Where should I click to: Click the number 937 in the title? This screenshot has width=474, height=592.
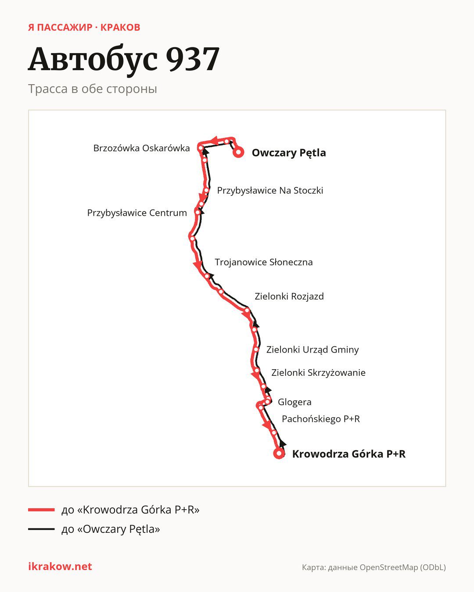coord(193,59)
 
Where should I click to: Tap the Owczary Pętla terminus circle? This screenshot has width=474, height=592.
coord(238,152)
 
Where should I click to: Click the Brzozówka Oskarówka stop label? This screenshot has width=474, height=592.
coord(142,148)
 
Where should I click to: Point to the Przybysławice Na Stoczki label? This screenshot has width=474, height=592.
coord(270,190)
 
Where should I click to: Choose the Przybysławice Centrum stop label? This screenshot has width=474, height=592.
coord(137,213)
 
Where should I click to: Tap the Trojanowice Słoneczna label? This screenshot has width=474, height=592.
coord(264,262)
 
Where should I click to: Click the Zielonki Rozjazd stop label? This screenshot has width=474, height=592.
coord(289,296)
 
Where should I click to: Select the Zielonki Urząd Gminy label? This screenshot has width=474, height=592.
coord(312,349)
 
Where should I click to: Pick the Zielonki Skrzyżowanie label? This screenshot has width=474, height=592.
coord(318,372)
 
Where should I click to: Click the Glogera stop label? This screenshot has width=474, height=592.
coord(294,402)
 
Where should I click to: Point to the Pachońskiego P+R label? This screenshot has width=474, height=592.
coord(320,419)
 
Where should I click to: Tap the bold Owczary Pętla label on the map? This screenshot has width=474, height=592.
coord(289,153)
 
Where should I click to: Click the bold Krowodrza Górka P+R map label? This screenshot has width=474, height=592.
coord(348,453)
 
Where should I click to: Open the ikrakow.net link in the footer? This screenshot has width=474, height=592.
coord(60,566)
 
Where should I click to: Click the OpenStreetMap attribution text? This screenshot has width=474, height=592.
coord(374,567)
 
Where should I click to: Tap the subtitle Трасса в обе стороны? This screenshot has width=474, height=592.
coord(93,89)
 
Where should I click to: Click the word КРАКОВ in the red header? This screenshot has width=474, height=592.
coord(120,27)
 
